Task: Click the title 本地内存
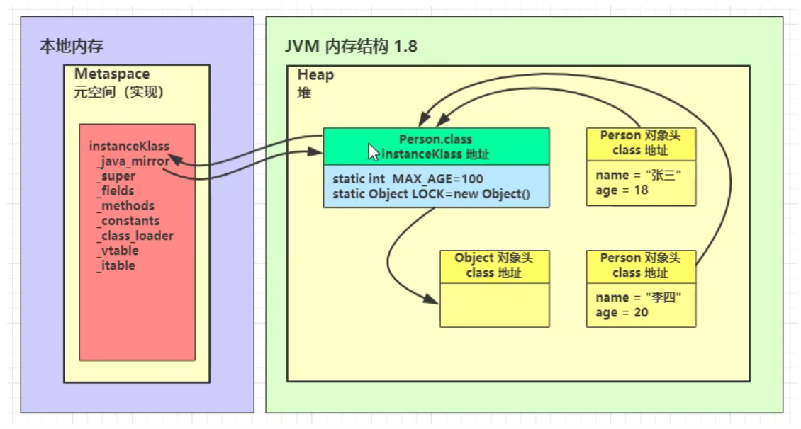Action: coord(72,47)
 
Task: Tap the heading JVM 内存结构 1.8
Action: coord(351,47)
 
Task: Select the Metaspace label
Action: coord(112,74)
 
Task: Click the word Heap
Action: coord(315,75)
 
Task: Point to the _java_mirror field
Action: coord(133,161)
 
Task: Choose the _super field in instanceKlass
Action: coord(116,176)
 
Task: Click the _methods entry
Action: coord(125,205)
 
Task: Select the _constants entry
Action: coord(128,221)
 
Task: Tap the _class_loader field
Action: coord(135,236)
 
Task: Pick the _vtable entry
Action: coord(118,251)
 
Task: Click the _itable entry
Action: coord(116,265)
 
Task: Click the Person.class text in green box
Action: coord(435,139)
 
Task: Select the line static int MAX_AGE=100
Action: coord(408,179)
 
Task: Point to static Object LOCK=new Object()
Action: coord(431,194)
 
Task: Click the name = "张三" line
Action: coord(638,175)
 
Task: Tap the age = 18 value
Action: coord(622,190)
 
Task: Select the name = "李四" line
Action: coord(638,297)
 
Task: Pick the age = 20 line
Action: coord(622,313)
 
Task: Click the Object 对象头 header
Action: coord(493,258)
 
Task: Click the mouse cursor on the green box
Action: coord(374,152)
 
